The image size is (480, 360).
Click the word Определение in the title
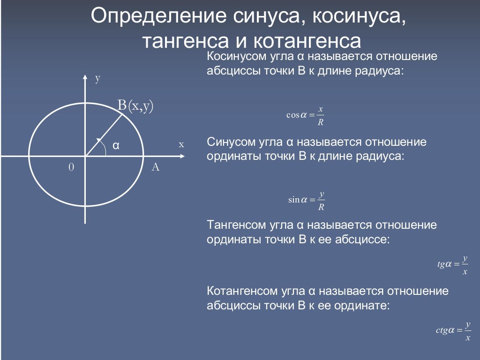pyautogui.click(x=158, y=16)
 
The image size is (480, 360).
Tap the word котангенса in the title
pyautogui.click(x=307, y=41)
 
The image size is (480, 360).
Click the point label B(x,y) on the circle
pyautogui.click(x=135, y=105)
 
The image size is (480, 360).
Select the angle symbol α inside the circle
pyautogui.click(x=116, y=145)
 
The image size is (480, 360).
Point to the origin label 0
pyautogui.click(x=71, y=167)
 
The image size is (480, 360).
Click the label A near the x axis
pyautogui.click(x=156, y=167)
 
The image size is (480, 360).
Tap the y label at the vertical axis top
pyautogui.click(x=97, y=78)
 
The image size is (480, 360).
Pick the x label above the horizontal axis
pyautogui.click(x=181, y=144)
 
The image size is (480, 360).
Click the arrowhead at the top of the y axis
pyautogui.click(x=85, y=77)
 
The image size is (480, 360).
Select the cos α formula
pyautogui.click(x=305, y=115)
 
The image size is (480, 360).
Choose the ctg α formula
pyautogui.click(x=453, y=330)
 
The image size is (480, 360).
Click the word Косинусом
pyautogui.click(x=237, y=57)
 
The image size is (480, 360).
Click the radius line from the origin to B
pyautogui.click(x=104, y=135)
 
